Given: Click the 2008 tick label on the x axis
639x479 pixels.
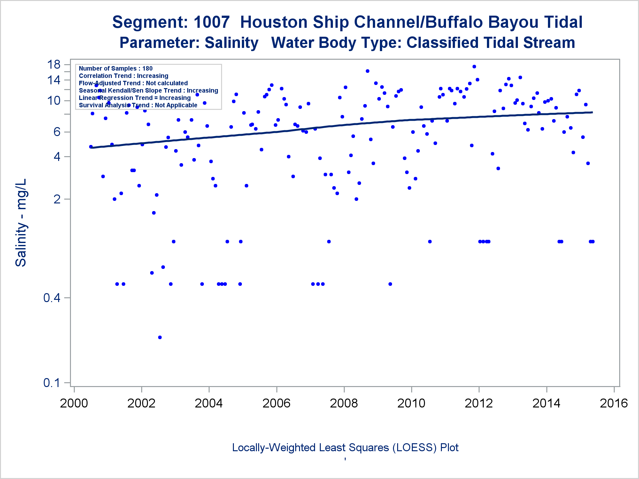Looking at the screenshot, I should (x=344, y=403).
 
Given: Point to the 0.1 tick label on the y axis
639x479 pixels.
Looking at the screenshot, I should (x=52, y=383).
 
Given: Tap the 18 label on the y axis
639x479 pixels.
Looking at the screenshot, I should (x=54, y=65).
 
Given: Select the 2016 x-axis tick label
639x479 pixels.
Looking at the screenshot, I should (x=614, y=403).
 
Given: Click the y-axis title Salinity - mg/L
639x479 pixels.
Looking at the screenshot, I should (x=21, y=223).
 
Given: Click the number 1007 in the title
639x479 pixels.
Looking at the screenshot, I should (x=212, y=22).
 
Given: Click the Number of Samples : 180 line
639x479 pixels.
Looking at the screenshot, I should (x=116, y=68).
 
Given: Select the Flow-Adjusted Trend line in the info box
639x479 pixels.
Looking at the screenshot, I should (x=133, y=83).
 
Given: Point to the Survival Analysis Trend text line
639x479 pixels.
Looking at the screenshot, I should (x=138, y=105).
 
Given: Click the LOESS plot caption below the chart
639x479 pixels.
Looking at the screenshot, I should (x=345, y=447).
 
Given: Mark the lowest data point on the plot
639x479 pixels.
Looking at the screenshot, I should (x=160, y=337).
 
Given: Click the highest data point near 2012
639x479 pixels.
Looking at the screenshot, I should (x=474, y=66).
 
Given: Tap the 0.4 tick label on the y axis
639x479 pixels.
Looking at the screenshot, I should (x=52, y=298).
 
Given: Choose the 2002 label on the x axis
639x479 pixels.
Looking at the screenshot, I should (x=141, y=403).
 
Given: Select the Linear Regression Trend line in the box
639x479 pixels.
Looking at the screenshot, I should (x=135, y=98).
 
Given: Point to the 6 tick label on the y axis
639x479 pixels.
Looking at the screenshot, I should (x=57, y=132).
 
